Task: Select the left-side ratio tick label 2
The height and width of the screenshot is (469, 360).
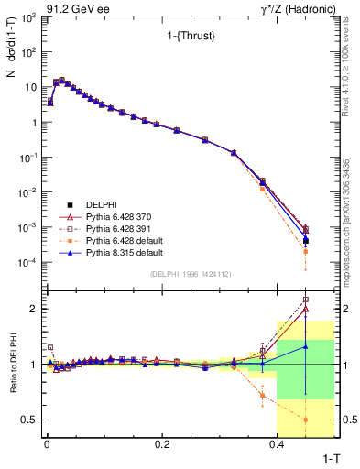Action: click(x=34, y=309)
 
